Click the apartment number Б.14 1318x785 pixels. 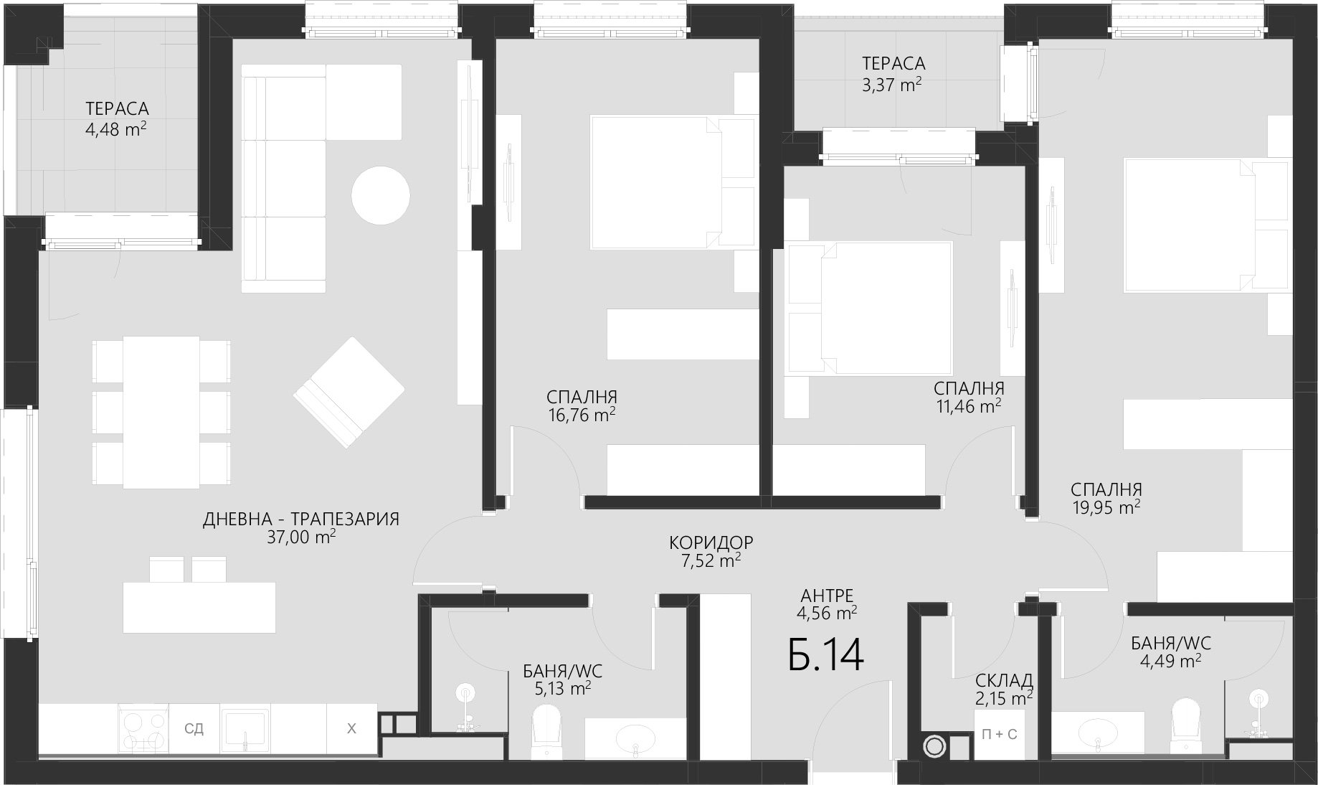tap(825, 654)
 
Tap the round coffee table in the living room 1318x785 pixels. tap(381, 195)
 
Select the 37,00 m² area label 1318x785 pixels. tap(301, 537)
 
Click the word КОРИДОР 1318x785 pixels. tap(711, 542)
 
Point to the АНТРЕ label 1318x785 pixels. tap(827, 596)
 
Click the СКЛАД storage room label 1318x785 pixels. tap(1004, 680)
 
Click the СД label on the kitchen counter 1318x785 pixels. tap(194, 729)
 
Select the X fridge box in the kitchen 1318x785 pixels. tap(351, 729)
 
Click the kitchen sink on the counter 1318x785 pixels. tap(245, 729)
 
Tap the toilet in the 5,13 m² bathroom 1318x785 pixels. tap(546, 730)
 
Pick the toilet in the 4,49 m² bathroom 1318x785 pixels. tap(1185, 726)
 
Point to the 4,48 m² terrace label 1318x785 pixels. tap(117, 129)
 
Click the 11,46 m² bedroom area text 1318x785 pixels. tap(969, 406)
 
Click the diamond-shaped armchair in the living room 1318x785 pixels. tap(349, 392)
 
